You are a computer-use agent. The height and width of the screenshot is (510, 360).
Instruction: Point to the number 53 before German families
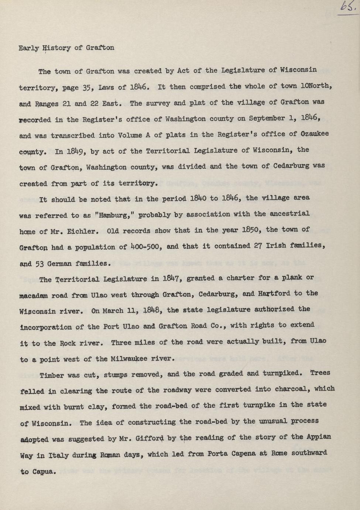pos(40,264)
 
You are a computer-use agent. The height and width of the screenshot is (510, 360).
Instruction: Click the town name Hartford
pos(272,294)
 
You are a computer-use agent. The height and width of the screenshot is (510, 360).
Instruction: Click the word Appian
pos(318,437)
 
